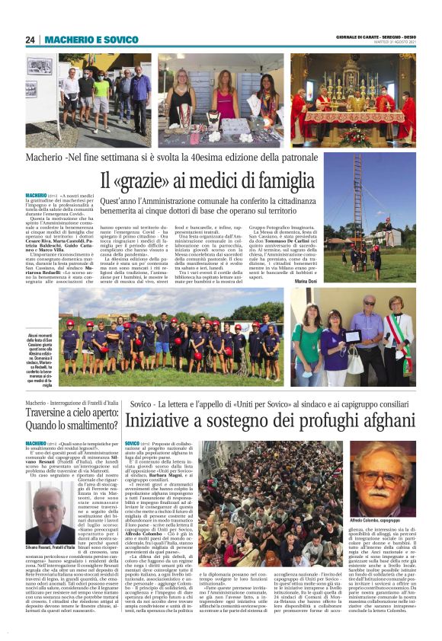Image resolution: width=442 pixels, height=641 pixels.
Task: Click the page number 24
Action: [30, 40]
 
